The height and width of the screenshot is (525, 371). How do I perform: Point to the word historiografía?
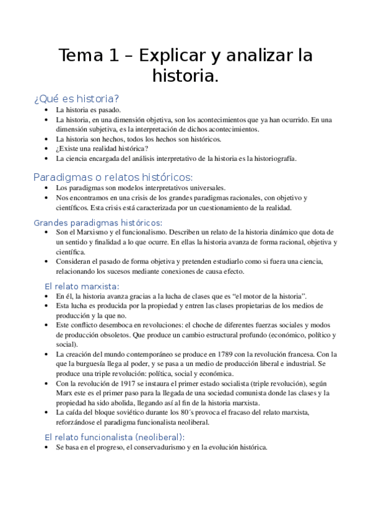270,158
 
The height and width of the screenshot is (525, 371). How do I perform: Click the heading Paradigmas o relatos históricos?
113,177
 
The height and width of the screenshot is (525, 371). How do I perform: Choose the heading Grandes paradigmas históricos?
98,222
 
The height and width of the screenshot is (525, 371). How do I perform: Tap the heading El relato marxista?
82,286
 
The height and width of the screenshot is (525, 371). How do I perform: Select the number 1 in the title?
112,56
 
